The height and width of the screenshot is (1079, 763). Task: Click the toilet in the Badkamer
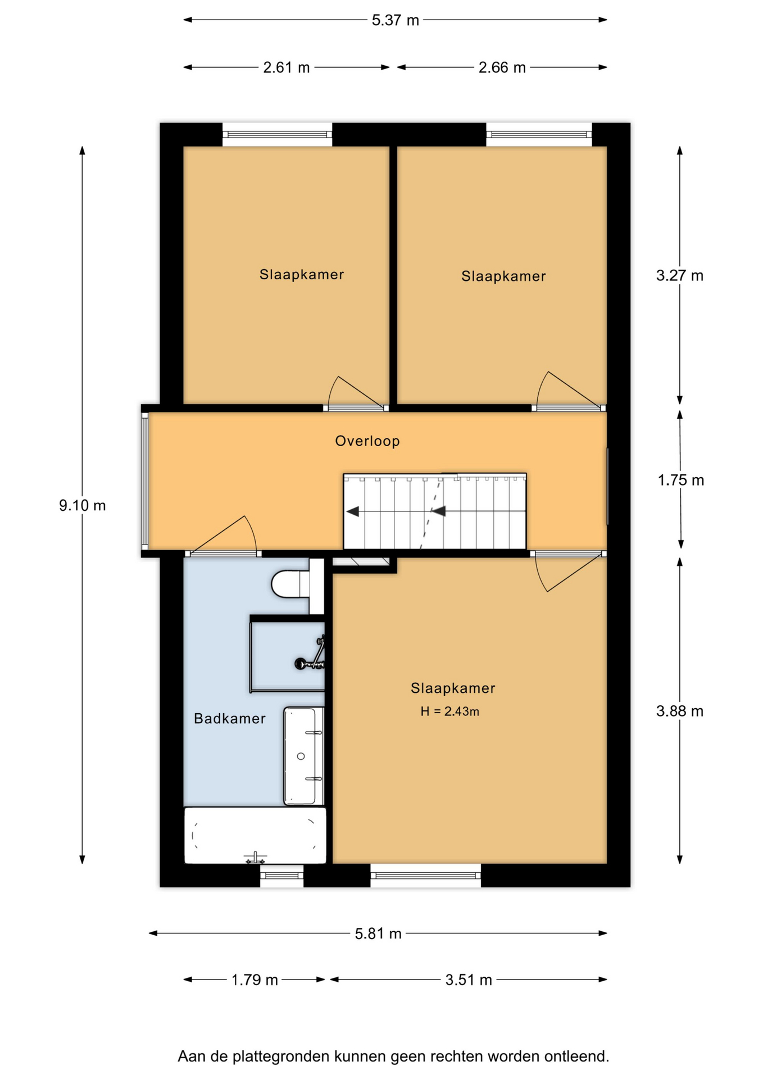(290, 584)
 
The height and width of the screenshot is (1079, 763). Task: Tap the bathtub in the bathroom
(255, 835)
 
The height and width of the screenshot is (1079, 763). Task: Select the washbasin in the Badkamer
(304, 756)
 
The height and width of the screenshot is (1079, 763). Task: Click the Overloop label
(367, 441)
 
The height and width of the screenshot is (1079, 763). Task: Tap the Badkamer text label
(230, 719)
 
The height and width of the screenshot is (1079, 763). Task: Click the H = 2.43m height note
(449, 711)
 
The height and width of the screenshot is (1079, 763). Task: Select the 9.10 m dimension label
(83, 505)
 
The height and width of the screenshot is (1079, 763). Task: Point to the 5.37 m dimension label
(396, 20)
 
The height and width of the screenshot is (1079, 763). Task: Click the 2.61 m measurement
(287, 67)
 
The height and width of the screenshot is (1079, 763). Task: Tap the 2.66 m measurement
(502, 67)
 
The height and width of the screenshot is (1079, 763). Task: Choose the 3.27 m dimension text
(680, 275)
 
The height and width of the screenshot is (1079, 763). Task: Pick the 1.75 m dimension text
(681, 480)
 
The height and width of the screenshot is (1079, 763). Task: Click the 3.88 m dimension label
(680, 711)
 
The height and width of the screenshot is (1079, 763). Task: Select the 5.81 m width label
(378, 933)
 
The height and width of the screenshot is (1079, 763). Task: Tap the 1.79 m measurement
(255, 980)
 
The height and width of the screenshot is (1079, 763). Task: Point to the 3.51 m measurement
(469, 980)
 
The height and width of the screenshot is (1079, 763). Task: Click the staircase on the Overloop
(435, 511)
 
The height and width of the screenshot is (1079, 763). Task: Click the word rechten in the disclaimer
(456, 1057)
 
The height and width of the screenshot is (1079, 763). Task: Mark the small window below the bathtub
(281, 876)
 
